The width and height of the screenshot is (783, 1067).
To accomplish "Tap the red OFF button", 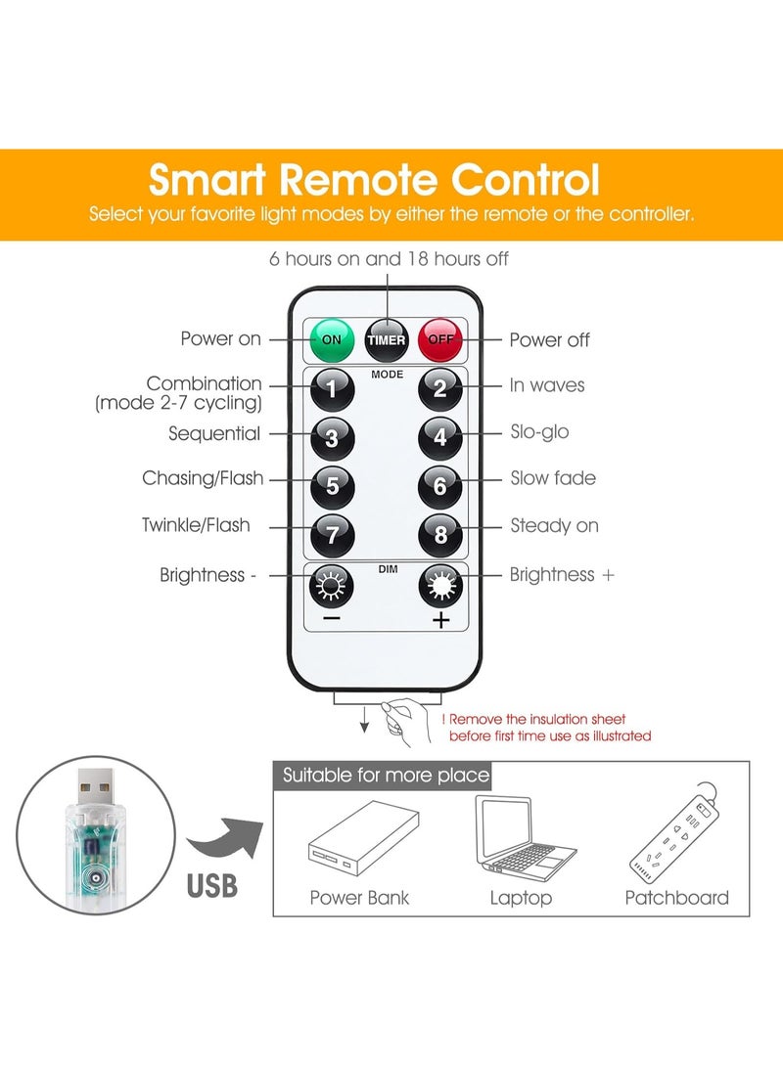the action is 440,339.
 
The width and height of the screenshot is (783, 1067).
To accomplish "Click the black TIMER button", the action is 387,339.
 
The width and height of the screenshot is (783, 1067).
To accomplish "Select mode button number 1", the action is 332,388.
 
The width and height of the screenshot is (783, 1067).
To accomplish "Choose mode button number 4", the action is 439,437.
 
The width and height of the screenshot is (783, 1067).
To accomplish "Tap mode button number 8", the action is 439,536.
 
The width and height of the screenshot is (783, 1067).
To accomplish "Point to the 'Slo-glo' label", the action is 539,432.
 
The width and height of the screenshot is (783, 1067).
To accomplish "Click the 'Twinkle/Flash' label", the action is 196,524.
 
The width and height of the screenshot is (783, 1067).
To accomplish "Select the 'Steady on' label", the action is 554,525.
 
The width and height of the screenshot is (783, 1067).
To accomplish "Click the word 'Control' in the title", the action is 525,180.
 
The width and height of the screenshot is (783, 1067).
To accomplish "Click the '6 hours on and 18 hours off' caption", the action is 389,258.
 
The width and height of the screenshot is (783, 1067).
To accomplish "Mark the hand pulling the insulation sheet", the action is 406,723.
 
